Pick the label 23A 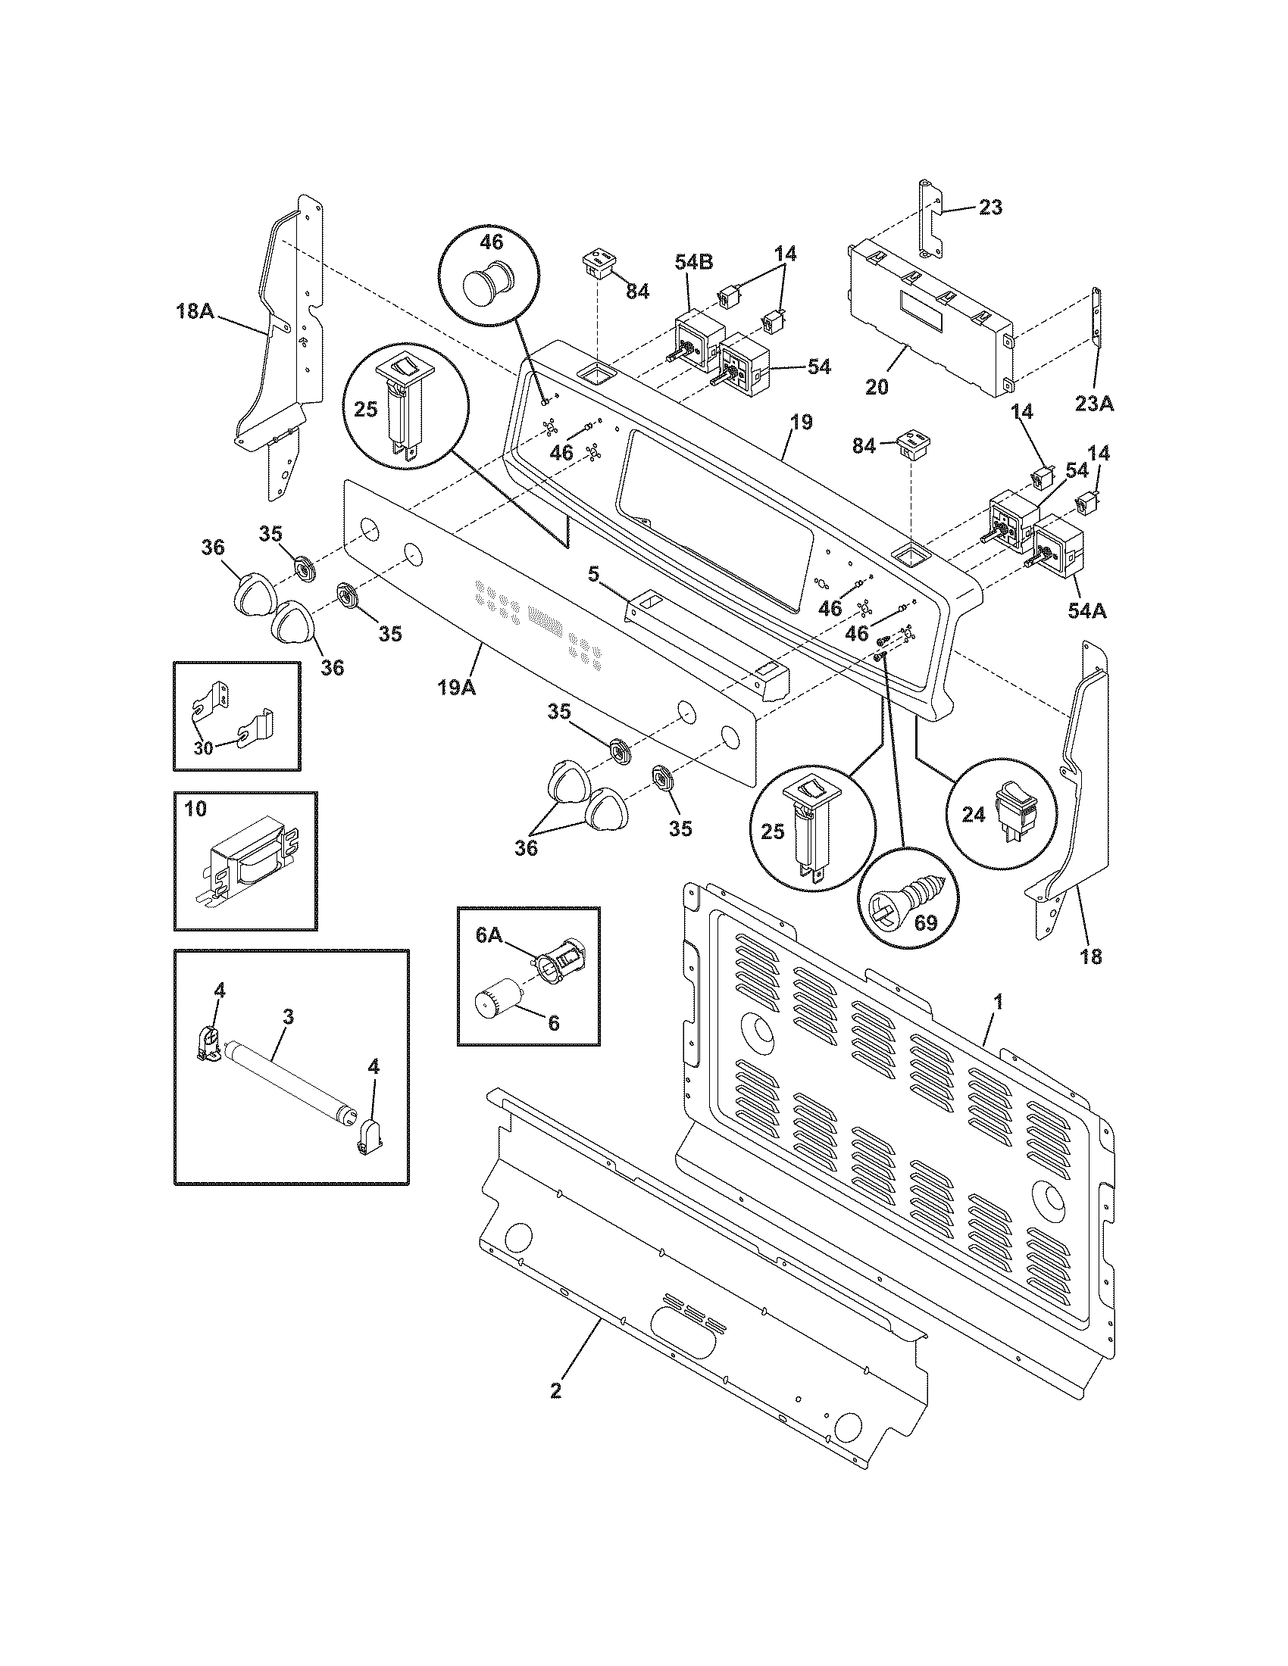click(1094, 404)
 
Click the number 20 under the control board click(877, 388)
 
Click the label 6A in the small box click(490, 936)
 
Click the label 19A click(456, 688)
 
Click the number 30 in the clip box click(203, 748)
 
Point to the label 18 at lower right click(1091, 956)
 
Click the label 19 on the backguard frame click(801, 422)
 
